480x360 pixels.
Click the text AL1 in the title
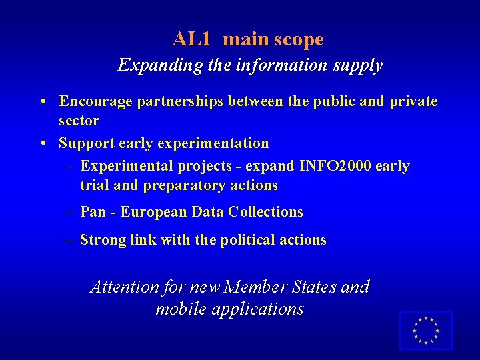click(x=191, y=39)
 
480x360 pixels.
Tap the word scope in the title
click(x=298, y=39)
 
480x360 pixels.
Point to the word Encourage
click(x=95, y=101)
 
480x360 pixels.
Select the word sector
click(x=79, y=121)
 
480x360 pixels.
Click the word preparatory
click(x=180, y=185)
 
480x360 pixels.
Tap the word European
click(x=155, y=212)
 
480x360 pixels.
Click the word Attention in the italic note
click(x=124, y=287)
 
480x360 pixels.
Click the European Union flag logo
click(x=425, y=330)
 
